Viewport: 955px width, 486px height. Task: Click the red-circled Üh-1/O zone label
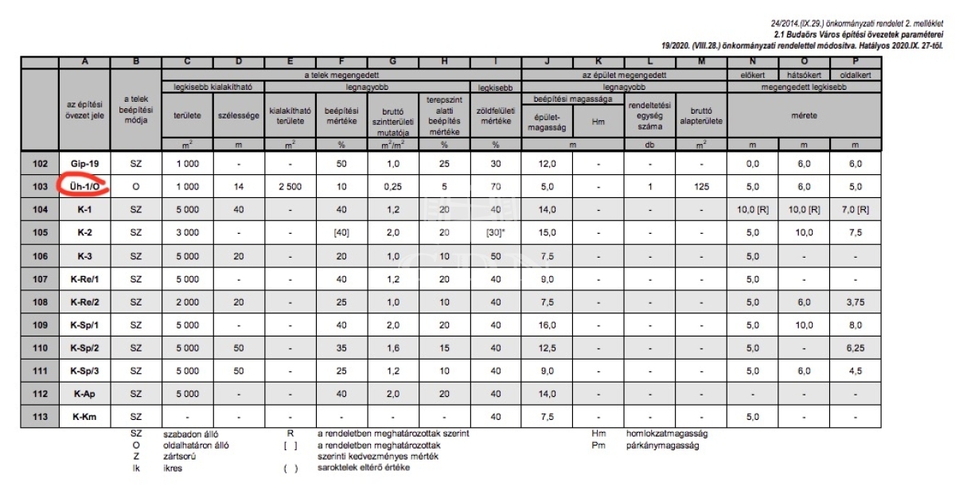click(x=84, y=186)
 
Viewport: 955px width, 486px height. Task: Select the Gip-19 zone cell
click(x=84, y=163)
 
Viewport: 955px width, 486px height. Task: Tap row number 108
click(x=40, y=301)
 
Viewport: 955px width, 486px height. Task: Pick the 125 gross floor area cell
click(x=701, y=186)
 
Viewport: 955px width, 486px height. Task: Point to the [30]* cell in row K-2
click(x=496, y=232)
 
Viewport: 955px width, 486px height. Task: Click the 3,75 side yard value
click(x=856, y=301)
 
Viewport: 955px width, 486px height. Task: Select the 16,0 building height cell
click(x=547, y=325)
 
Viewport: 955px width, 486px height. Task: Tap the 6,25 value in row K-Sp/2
click(x=856, y=348)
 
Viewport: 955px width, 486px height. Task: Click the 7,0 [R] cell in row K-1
click(x=856, y=209)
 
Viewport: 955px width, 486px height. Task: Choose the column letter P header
click(x=856, y=63)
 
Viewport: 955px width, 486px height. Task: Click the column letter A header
click(x=84, y=63)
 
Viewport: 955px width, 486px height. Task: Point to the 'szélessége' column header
click(x=239, y=115)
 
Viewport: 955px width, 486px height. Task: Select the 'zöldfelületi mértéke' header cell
click(x=496, y=115)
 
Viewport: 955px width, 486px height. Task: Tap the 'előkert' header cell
click(x=752, y=75)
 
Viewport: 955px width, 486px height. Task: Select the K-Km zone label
click(x=84, y=417)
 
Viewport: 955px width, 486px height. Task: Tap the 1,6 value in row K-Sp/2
click(x=393, y=348)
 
